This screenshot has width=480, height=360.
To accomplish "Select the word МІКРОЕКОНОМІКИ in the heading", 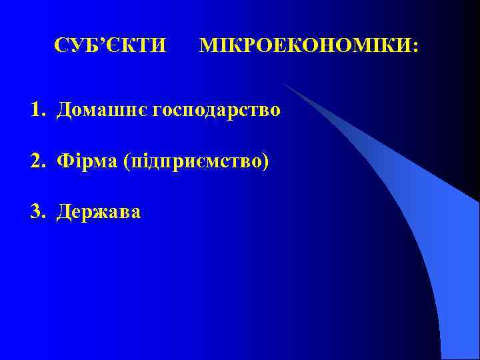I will coord(306,46).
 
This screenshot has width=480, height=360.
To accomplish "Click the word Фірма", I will coord(87,161).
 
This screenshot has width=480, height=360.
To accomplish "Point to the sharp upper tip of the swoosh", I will coord(283,83).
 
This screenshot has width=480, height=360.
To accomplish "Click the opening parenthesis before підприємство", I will coord(127,161).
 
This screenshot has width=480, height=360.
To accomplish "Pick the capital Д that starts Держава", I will coord(65,213).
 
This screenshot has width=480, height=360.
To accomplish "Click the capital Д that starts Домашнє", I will coord(65,110).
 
